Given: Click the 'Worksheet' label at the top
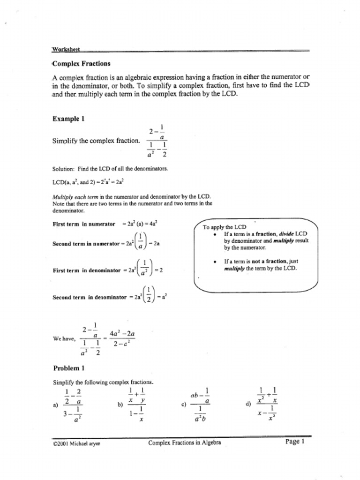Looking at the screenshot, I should coord(66,49).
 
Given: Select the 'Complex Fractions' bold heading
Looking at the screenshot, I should coord(82,64).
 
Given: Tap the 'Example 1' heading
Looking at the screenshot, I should coord(68,119).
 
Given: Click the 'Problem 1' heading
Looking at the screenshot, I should coord(68,368).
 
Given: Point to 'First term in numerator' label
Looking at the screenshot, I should coord(84,224).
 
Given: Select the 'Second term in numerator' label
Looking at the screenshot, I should coord(86,244).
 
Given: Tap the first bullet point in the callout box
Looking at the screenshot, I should coord(214,234).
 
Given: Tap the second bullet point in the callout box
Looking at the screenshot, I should coord(214,262).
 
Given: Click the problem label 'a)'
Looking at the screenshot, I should coord(56,406).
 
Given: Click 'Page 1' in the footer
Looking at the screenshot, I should coord(295,442).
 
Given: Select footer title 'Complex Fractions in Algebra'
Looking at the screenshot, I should coord(185,442).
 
